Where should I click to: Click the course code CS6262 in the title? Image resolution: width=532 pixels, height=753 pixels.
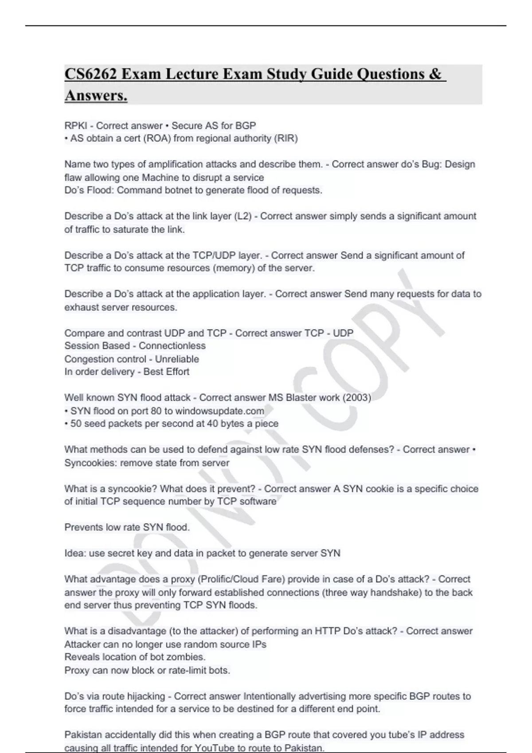[90, 74]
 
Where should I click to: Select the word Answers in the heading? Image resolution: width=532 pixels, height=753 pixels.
[96, 95]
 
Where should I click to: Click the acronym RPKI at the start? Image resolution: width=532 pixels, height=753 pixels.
[75, 126]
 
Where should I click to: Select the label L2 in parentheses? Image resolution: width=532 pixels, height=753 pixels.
[243, 216]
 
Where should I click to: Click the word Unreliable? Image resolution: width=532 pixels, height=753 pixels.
[176, 359]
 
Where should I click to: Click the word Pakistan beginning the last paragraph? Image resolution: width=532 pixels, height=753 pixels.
[83, 735]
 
